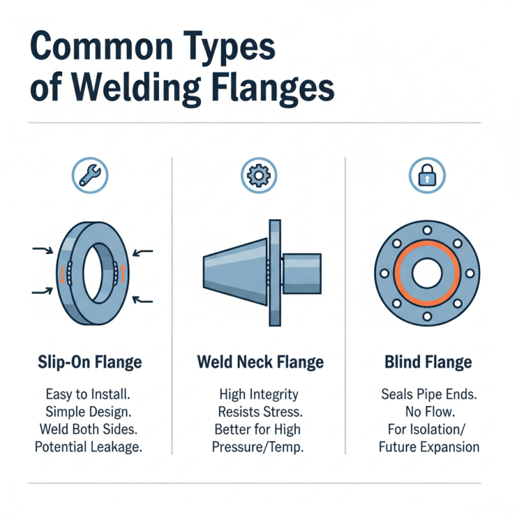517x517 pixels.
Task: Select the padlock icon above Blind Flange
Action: point(427,176)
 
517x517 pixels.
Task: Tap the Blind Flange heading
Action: point(427,362)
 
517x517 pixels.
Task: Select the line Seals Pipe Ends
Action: point(427,394)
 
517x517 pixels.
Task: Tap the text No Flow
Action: point(427,411)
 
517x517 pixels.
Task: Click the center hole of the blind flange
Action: point(427,272)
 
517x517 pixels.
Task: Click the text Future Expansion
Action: point(427,447)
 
